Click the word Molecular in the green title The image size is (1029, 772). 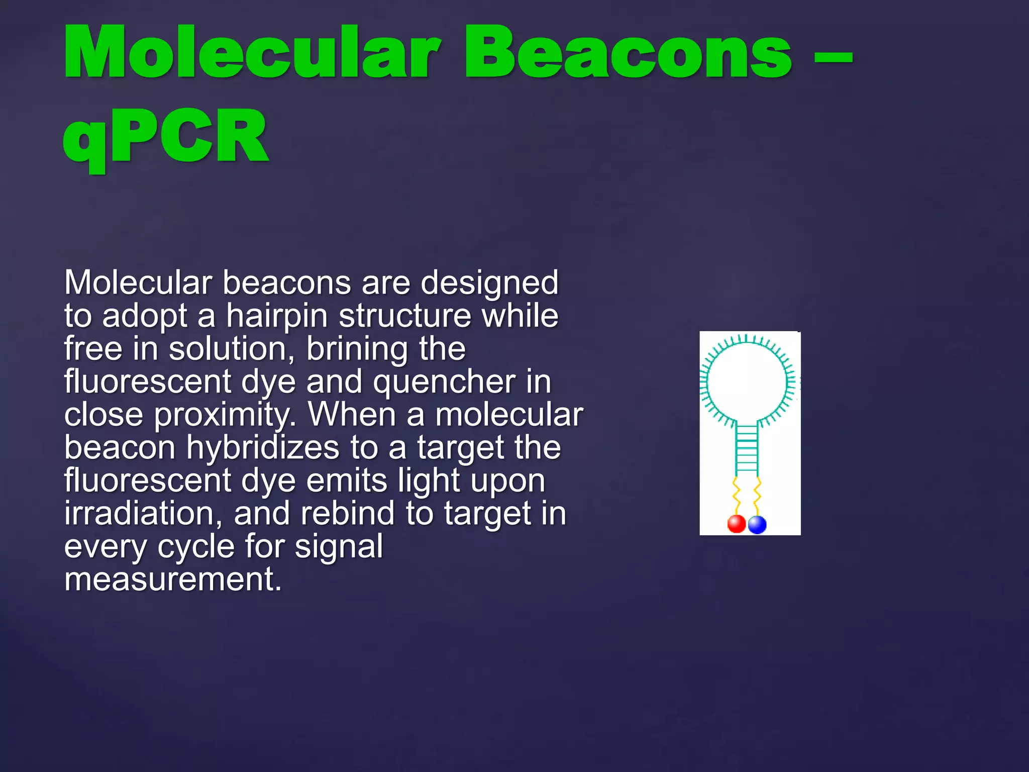[251, 53]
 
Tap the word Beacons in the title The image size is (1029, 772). [628, 53]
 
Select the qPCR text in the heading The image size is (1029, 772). [166, 137]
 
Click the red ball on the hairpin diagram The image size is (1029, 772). [737, 524]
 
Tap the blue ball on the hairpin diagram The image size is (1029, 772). [757, 524]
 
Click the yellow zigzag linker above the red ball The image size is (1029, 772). [736, 495]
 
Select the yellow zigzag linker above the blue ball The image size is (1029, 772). [757, 495]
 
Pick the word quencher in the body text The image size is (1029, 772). [444, 382]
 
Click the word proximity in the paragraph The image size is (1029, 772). [225, 415]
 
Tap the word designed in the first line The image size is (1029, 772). [489, 283]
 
